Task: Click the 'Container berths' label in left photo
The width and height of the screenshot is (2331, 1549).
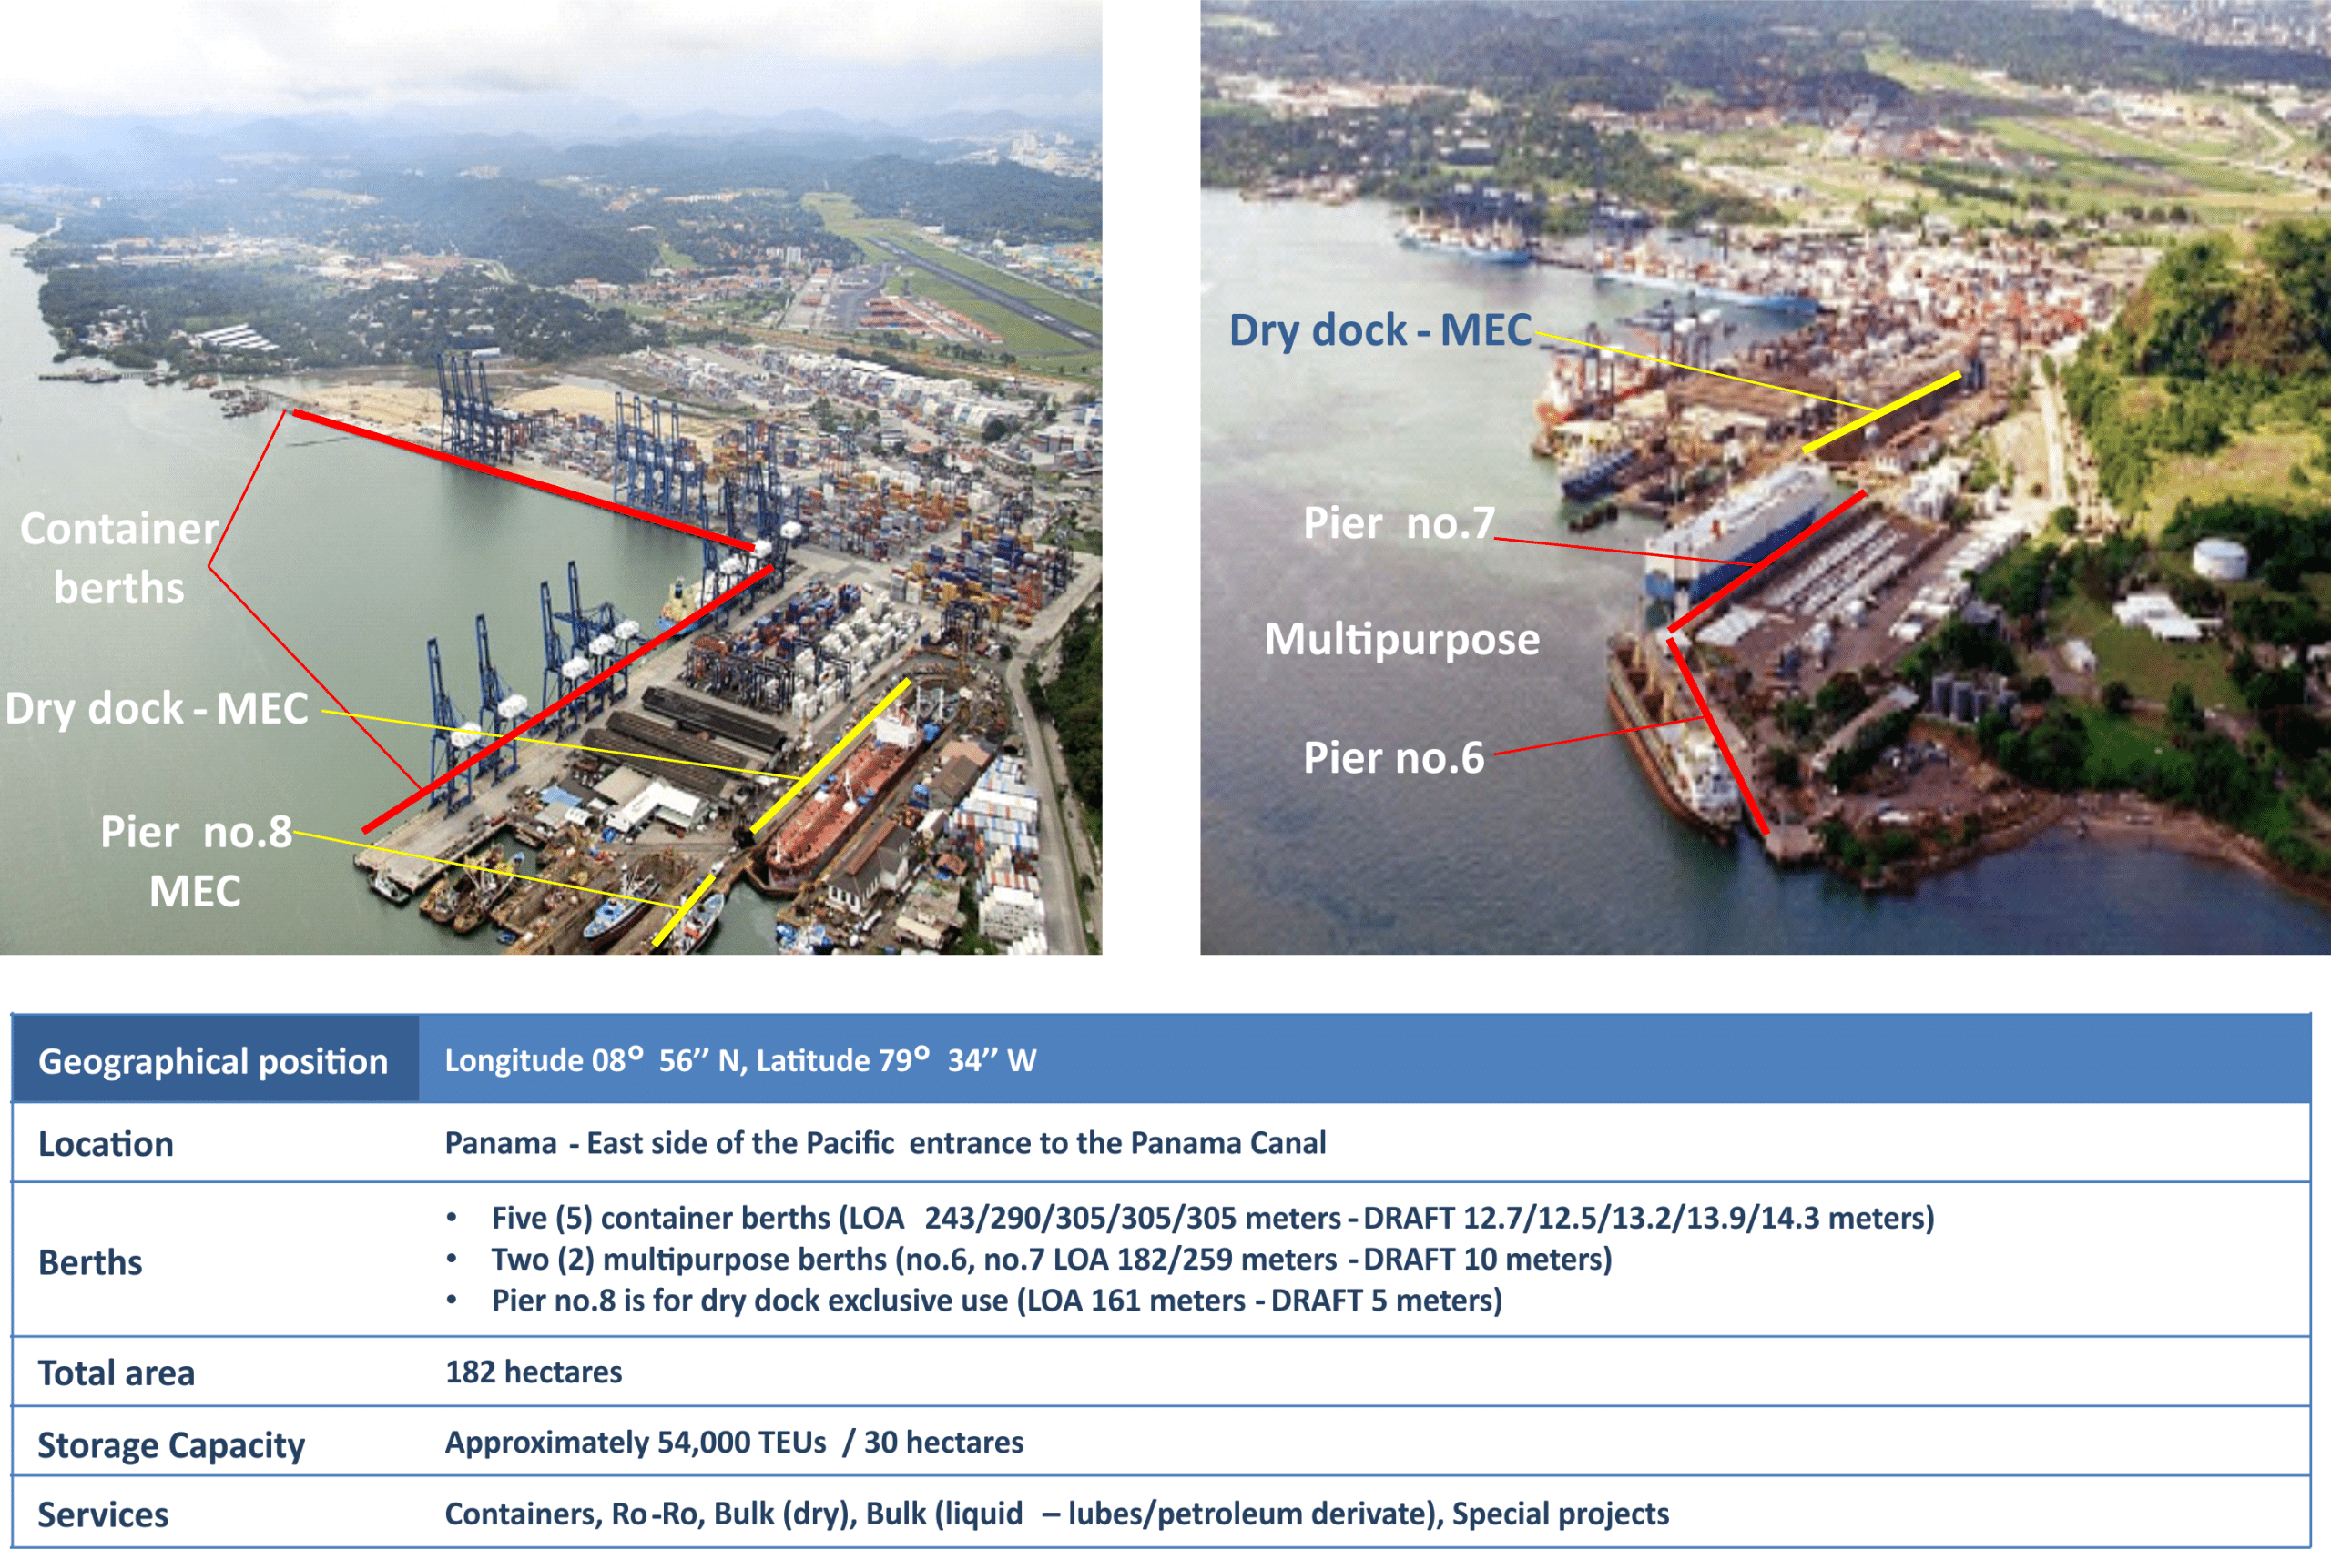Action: click(x=118, y=558)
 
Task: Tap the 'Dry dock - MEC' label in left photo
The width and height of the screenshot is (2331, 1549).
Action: click(x=158, y=708)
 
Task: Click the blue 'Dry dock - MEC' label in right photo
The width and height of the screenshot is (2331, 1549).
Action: click(x=1380, y=330)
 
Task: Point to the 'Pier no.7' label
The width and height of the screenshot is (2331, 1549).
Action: click(x=1399, y=522)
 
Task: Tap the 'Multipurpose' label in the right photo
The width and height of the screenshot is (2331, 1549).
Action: click(x=1402, y=640)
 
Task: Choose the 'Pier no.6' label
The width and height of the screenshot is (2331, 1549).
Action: click(x=1393, y=758)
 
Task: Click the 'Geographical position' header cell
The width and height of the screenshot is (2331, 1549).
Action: click(x=213, y=1061)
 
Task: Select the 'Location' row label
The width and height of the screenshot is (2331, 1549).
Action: click(x=106, y=1144)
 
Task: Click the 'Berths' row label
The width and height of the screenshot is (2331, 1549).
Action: click(x=90, y=1262)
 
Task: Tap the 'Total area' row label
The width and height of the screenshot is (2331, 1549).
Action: click(x=116, y=1373)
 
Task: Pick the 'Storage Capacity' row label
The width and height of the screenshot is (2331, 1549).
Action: click(x=171, y=1445)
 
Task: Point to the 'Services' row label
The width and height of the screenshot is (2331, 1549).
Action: click(x=103, y=1514)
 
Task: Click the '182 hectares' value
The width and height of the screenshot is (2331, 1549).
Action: click(x=534, y=1372)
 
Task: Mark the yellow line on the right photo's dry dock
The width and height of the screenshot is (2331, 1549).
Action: click(x=1881, y=412)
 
